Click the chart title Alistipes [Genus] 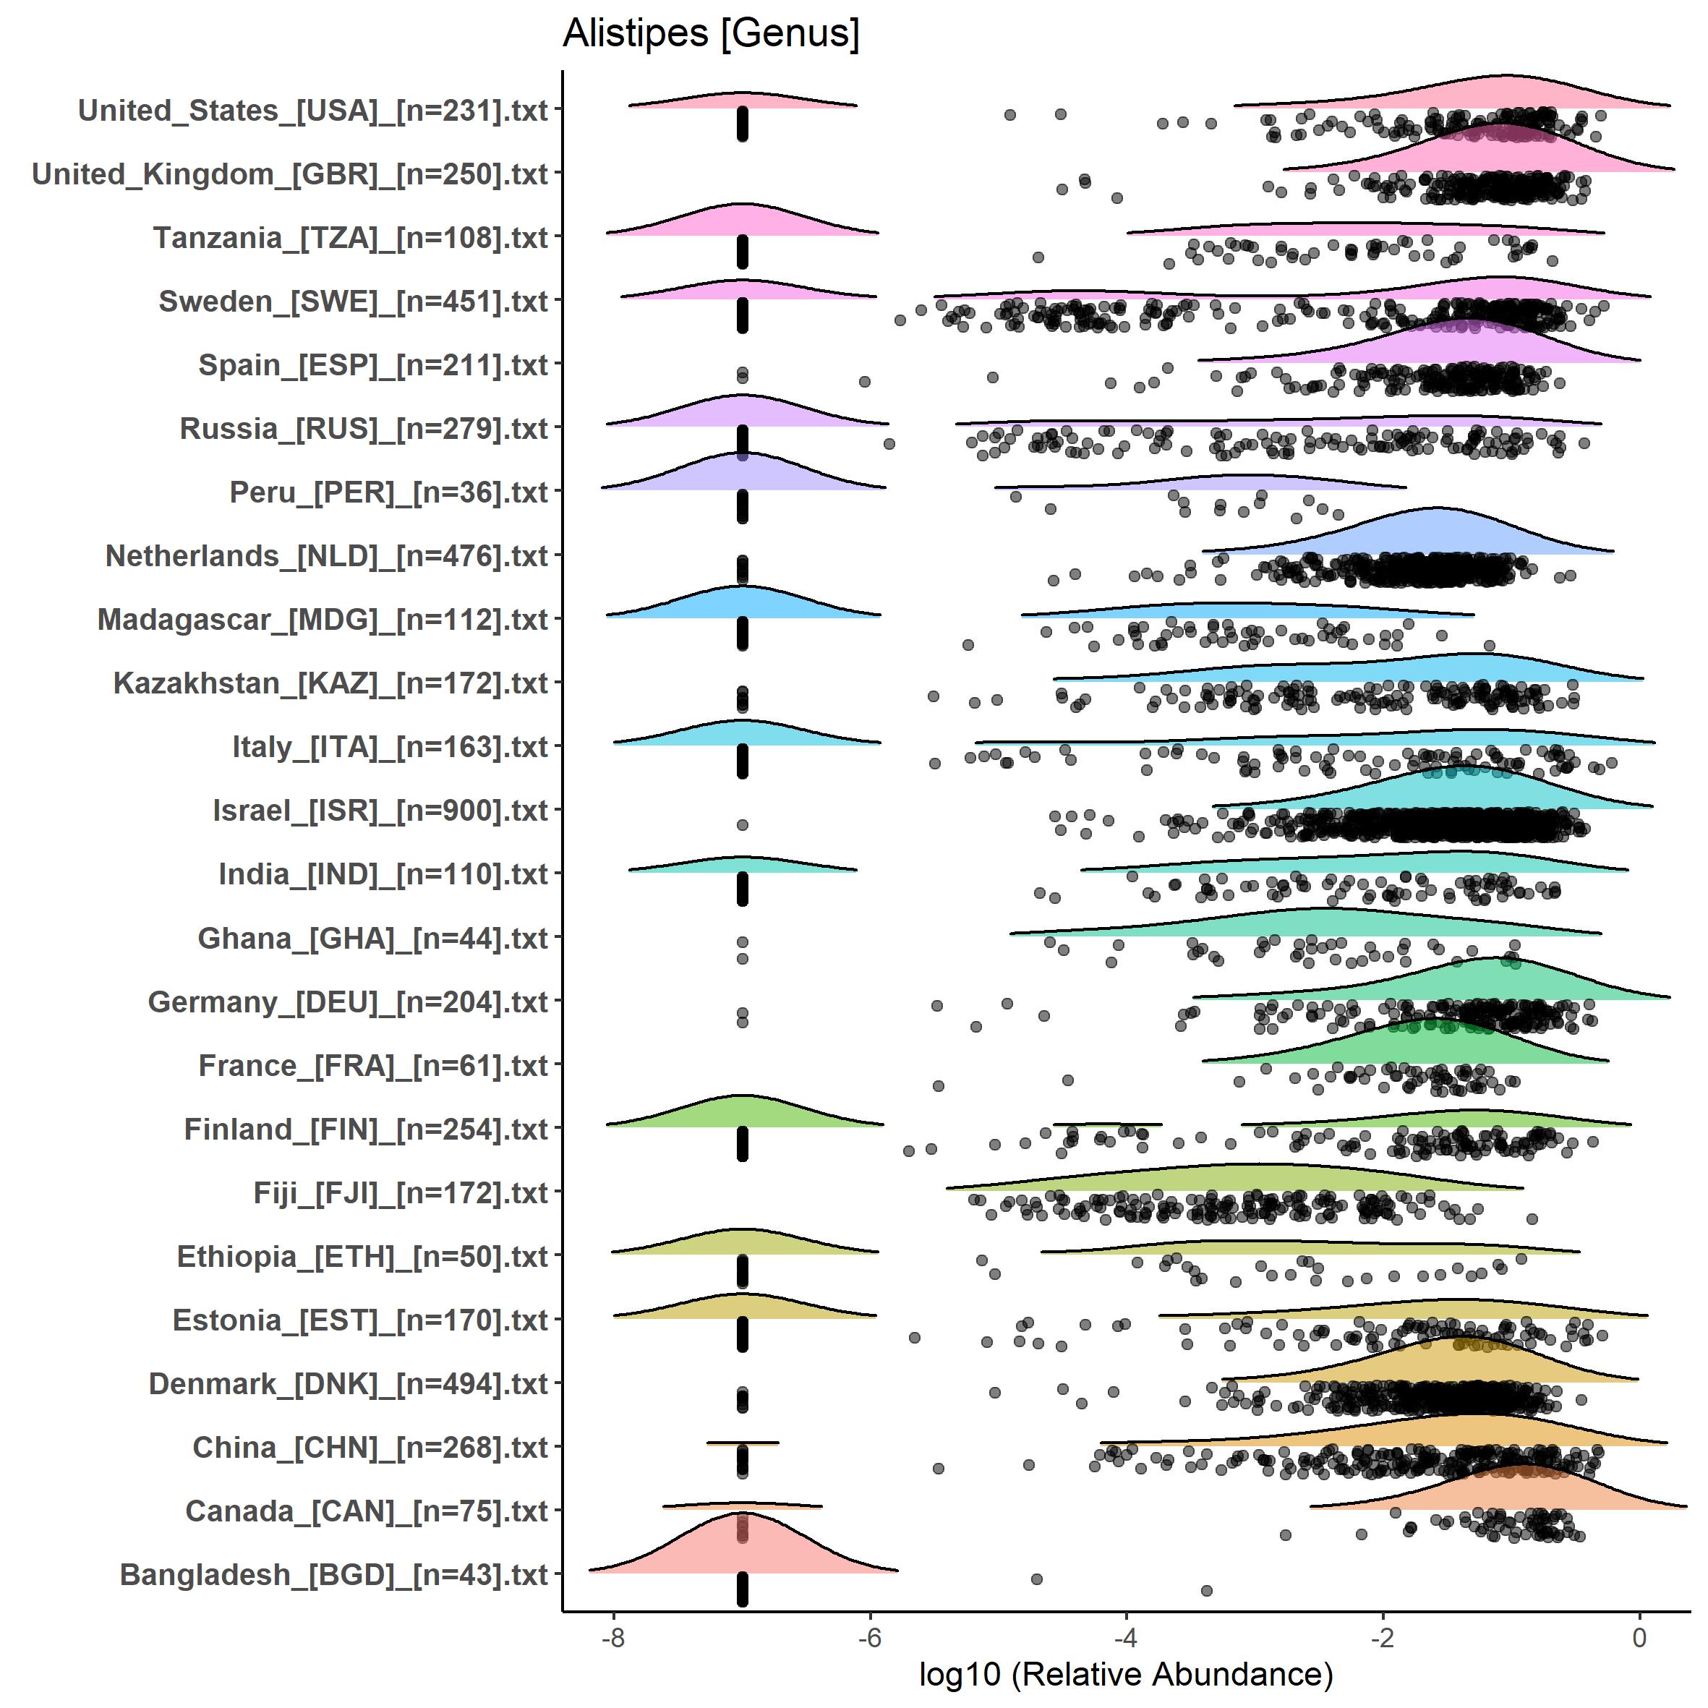coord(711,33)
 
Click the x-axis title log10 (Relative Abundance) coord(1125,1673)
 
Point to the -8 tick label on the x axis coord(612,1638)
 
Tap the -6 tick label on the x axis coord(870,1638)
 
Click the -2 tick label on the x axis coord(1383,1638)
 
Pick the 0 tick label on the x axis coord(1639,1638)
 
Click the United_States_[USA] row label coord(313,111)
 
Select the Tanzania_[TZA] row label coord(350,238)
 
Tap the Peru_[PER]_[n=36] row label coord(388,492)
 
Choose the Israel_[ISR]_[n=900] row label coord(380,811)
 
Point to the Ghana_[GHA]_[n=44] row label coord(372,938)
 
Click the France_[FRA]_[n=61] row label coord(373,1065)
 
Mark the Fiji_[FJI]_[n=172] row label coord(401,1192)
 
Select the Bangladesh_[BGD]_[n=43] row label coord(333,1574)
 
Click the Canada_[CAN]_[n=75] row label coord(366,1511)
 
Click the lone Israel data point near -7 coord(743,825)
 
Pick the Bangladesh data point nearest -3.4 coord(1207,1590)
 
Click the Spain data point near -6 coord(865,381)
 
